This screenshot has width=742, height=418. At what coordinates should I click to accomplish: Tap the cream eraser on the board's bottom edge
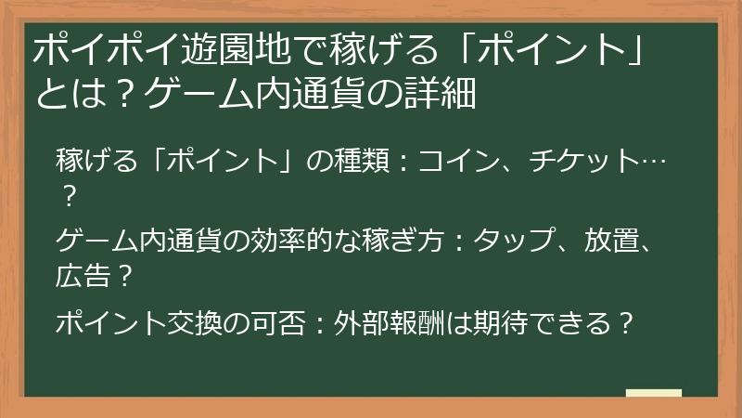(x=653, y=394)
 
